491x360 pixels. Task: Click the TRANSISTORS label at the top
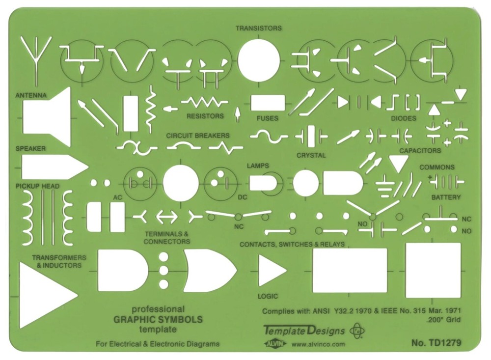pyautogui.click(x=259, y=28)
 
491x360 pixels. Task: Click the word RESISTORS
pyautogui.click(x=205, y=116)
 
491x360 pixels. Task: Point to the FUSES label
pyautogui.click(x=267, y=118)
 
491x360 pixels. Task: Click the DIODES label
pyautogui.click(x=403, y=118)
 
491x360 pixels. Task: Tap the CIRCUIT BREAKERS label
pyautogui.click(x=197, y=135)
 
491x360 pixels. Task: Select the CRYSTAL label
pyautogui.click(x=311, y=155)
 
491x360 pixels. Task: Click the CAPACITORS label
pyautogui.click(x=420, y=150)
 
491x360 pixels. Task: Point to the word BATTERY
pyautogui.click(x=446, y=197)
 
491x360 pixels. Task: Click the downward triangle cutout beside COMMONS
pyautogui.click(x=399, y=163)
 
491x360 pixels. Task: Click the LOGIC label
pyautogui.click(x=268, y=296)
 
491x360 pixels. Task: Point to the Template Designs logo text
pyautogui.click(x=303, y=331)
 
